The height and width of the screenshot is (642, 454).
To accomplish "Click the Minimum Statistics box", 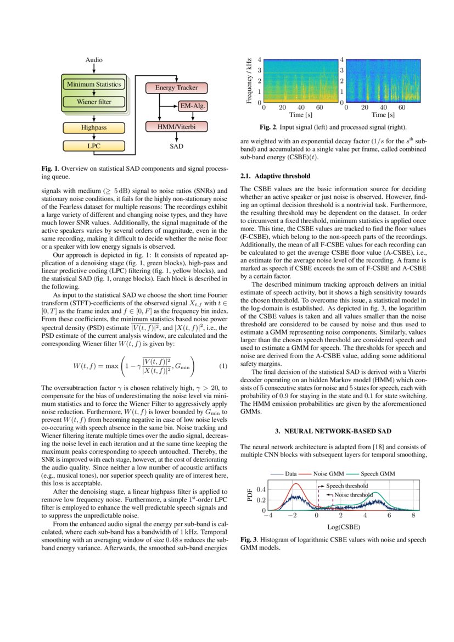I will point(94,85).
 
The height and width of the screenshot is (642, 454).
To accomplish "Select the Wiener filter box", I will point(94,102).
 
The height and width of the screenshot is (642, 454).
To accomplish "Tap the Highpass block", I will point(94,127).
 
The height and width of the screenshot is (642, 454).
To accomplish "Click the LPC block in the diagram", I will point(94,146).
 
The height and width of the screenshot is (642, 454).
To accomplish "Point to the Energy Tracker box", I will point(172,88).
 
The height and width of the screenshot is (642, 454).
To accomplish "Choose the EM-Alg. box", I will point(193,106).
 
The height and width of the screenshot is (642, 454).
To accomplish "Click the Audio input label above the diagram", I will point(94,60).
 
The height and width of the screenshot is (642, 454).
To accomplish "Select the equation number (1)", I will point(223,366).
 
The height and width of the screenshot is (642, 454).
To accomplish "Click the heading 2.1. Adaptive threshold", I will point(276,176).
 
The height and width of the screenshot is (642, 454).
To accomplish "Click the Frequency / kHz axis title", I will point(249,80).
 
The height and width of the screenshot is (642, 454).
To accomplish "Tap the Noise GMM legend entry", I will point(328,473).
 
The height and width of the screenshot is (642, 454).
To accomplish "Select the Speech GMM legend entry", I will point(378,473).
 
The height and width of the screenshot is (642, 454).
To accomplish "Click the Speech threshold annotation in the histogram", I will point(347,486).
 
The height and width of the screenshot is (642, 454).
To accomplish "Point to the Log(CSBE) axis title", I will point(341,527).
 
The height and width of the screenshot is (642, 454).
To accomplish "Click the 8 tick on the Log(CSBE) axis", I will point(413,516).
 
